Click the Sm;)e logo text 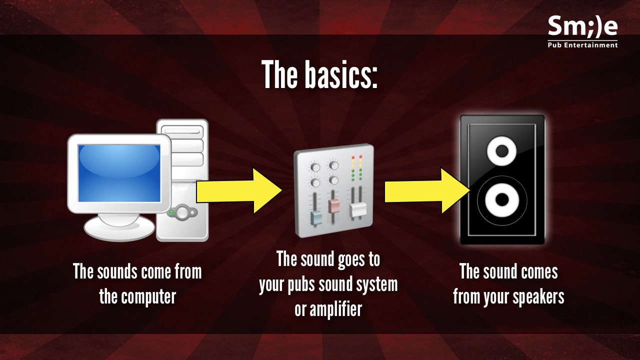click(x=583, y=27)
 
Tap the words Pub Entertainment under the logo click(x=583, y=45)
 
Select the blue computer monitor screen click(x=119, y=173)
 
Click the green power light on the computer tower click(x=171, y=212)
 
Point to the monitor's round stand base click(x=119, y=227)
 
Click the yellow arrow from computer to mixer click(x=239, y=191)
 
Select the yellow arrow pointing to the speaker click(x=427, y=191)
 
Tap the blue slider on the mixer click(x=316, y=218)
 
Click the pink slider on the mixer click(x=333, y=206)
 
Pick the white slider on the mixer click(x=357, y=210)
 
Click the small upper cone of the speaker click(x=501, y=151)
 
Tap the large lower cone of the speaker click(x=501, y=199)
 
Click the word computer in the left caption click(x=148, y=297)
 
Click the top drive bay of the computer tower click(x=182, y=131)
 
